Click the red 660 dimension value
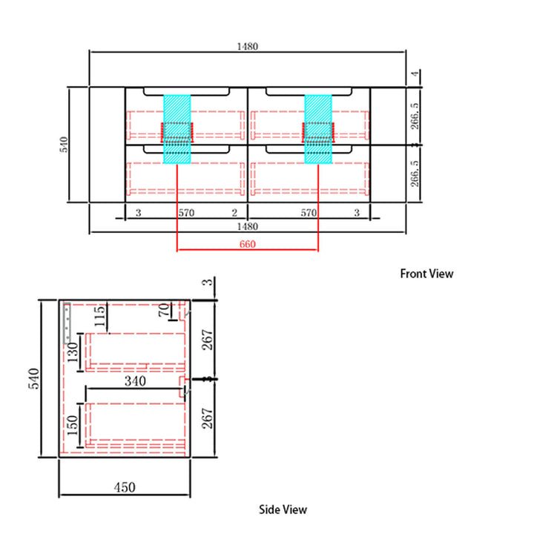[247, 244]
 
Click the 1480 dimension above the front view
[247, 46]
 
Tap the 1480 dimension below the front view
[247, 226]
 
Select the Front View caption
[426, 274]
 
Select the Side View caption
[283, 510]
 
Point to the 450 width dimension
[125, 487]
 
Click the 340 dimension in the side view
[135, 381]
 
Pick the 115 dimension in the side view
[100, 317]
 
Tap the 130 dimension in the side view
[73, 353]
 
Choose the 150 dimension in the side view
[73, 426]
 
